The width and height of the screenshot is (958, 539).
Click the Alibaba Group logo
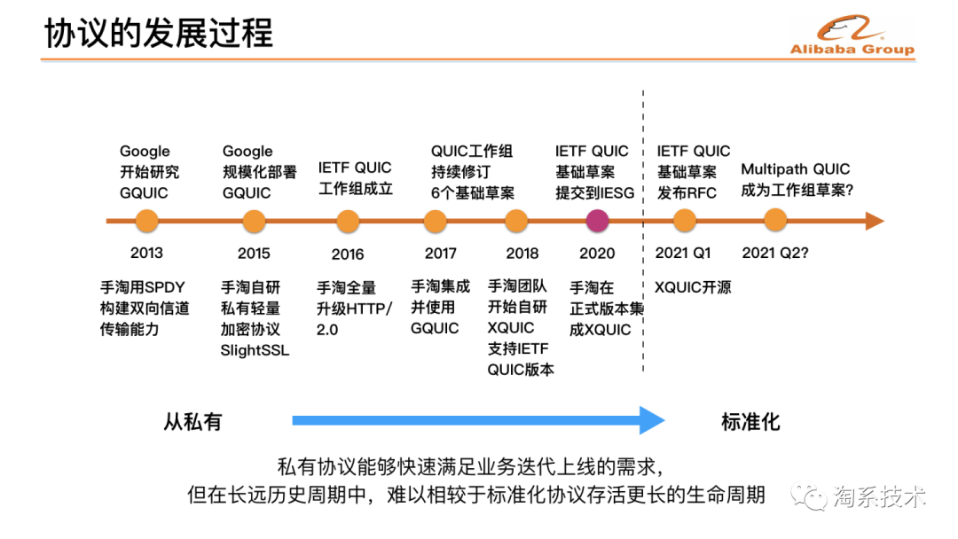point(852,35)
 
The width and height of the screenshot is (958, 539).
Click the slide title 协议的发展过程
point(159,33)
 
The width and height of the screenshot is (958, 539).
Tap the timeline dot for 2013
point(146,221)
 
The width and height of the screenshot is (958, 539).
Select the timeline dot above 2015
point(254,221)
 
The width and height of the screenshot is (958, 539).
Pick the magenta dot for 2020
point(597,221)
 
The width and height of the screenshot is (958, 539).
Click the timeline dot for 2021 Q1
point(683,221)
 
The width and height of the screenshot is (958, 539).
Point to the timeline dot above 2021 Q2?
point(775,221)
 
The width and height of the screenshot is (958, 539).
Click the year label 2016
point(348,254)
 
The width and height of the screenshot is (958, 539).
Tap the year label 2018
point(522,254)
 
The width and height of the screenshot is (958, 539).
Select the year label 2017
point(441,254)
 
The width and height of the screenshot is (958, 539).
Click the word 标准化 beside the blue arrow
point(750,421)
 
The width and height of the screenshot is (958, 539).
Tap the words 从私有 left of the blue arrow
point(192,421)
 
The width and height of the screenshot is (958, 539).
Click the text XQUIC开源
point(694,287)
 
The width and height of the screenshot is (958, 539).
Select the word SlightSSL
point(255,349)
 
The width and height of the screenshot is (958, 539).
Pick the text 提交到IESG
point(595,192)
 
